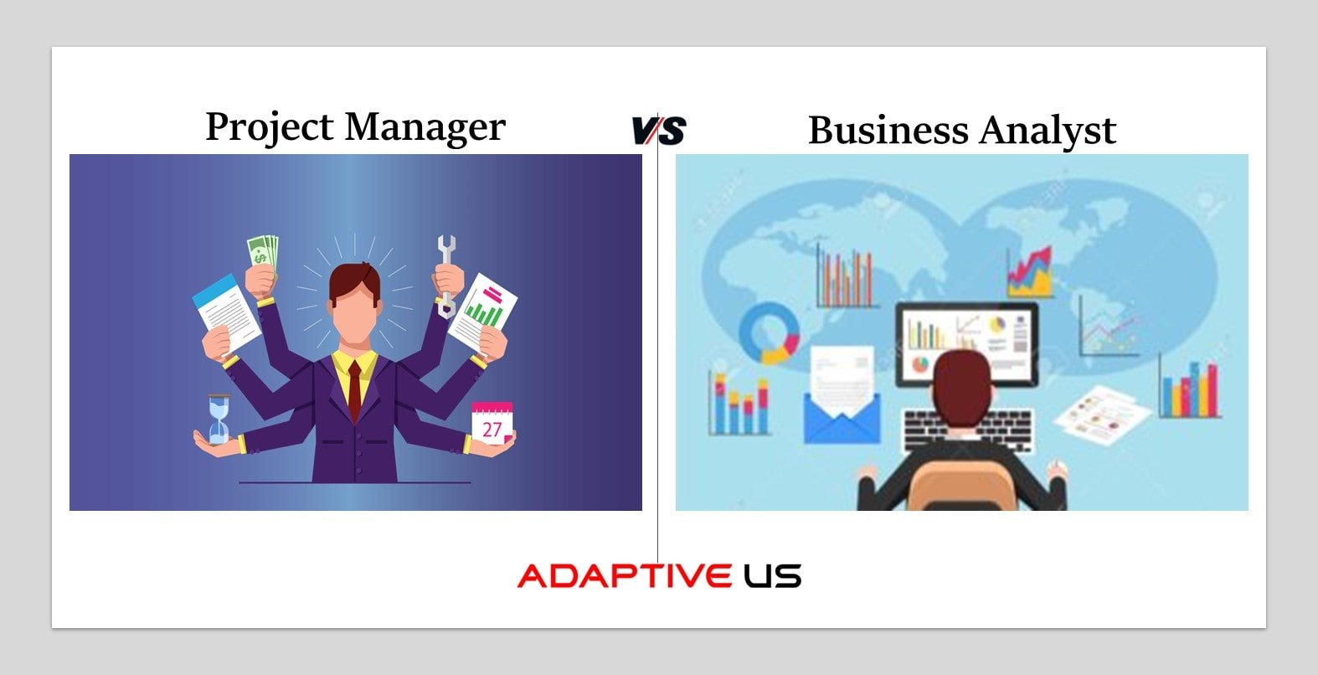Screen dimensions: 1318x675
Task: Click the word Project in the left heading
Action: click(270, 127)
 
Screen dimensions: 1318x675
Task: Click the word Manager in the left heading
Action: click(425, 127)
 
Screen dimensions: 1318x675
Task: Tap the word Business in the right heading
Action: click(888, 130)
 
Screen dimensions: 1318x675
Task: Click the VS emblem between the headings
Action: click(659, 130)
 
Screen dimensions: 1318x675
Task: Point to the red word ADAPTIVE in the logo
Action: click(625, 575)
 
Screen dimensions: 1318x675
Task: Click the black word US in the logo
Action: click(773, 575)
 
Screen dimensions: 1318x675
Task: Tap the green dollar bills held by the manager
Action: click(262, 252)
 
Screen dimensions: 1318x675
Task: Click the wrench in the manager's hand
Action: click(446, 276)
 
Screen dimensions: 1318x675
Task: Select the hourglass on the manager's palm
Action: click(219, 419)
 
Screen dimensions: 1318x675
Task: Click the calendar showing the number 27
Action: click(492, 423)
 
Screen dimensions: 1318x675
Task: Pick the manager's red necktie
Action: click(355, 391)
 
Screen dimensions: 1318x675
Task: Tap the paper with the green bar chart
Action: click(482, 314)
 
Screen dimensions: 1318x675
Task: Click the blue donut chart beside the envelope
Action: click(769, 333)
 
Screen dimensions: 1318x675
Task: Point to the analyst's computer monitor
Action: click(966, 344)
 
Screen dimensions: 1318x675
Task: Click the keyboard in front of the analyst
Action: click(967, 430)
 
